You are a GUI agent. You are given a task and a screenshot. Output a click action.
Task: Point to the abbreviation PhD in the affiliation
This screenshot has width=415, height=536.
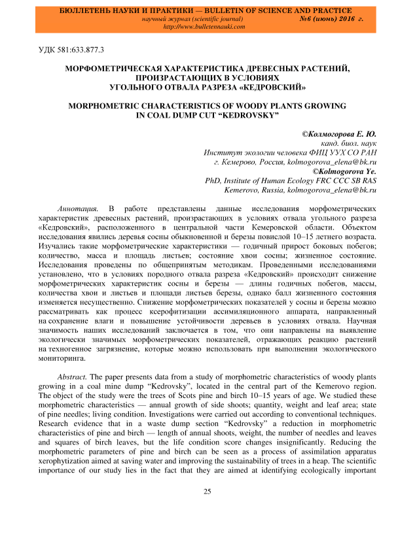point(214,180)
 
